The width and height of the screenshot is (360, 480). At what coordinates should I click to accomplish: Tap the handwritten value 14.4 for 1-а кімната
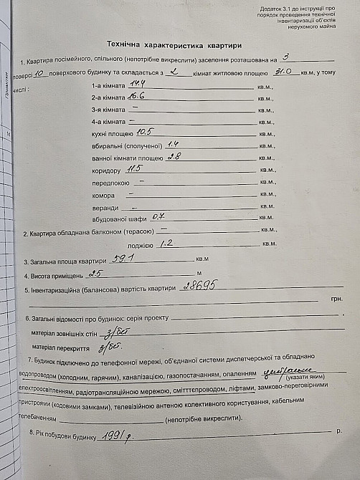[x=139, y=84]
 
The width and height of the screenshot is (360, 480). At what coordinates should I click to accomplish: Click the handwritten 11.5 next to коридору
[x=135, y=169]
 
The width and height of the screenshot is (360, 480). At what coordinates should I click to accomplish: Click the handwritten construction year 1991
[x=118, y=436]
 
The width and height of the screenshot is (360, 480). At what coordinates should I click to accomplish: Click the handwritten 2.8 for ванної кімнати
[x=174, y=156]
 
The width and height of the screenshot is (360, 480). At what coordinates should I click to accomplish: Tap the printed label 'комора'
[x=104, y=194]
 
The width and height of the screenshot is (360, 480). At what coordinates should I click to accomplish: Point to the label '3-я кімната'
[x=108, y=109]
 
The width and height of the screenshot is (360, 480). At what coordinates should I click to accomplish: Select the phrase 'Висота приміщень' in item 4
[x=57, y=275]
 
